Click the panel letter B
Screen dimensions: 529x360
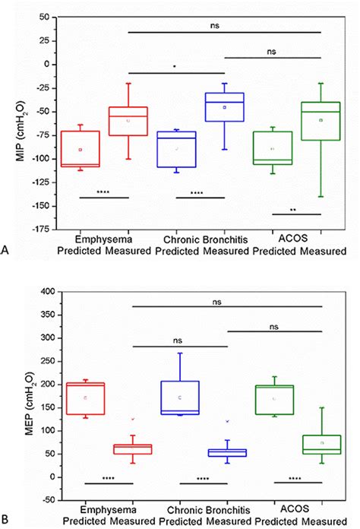click(x=7, y=520)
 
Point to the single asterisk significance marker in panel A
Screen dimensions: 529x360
click(x=175, y=67)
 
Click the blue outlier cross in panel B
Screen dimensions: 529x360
click(x=227, y=421)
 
